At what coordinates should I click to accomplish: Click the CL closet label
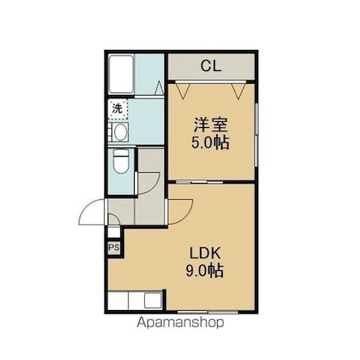[211, 66]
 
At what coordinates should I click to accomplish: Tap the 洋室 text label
[211, 125]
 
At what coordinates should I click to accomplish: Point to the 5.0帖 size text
[210, 143]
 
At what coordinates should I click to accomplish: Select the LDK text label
[205, 253]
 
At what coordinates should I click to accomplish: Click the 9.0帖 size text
[205, 271]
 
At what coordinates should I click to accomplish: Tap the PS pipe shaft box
[114, 247]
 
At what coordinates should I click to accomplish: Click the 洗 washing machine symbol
[118, 108]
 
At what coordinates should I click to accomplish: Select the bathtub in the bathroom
[121, 74]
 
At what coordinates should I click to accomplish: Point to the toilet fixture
[120, 161]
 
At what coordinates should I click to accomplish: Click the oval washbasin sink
[121, 132]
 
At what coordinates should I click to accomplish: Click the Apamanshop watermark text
[180, 323]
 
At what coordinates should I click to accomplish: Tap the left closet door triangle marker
[182, 90]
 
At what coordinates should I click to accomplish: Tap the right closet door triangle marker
[239, 90]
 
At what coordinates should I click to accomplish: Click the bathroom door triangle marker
[159, 87]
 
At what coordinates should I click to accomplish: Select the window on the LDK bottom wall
[208, 313]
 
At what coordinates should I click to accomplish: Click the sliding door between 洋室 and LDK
[199, 182]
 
